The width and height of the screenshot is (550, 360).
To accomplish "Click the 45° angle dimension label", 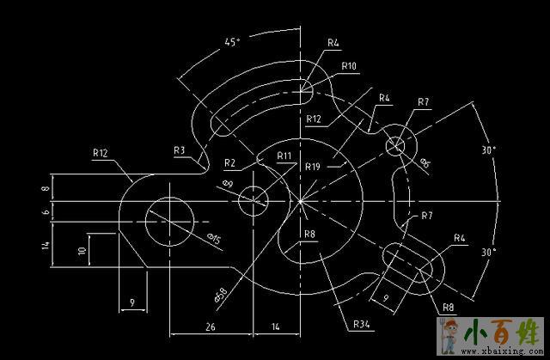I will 231,41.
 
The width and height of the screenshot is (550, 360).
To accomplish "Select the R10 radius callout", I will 349,65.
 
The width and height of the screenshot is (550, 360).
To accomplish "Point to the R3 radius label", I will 179,150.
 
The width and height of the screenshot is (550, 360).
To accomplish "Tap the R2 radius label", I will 229,162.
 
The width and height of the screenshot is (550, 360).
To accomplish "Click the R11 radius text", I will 284,156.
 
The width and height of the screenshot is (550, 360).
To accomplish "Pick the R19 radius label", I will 314,167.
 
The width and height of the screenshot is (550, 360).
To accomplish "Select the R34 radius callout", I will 361,325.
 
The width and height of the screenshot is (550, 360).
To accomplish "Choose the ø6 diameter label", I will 425,162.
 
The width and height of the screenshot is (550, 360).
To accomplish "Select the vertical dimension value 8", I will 46,186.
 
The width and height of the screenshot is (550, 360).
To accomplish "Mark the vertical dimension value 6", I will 46,211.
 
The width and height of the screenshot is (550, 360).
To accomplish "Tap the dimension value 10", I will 82,251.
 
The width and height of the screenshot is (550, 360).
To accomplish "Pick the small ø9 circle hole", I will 254,200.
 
